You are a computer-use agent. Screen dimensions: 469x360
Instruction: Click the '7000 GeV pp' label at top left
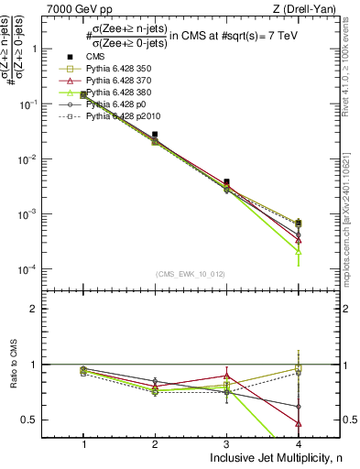pos(80,8)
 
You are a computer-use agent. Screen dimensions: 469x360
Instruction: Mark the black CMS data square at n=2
pos(156,135)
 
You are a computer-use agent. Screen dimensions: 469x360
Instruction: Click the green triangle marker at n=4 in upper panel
pos(298,251)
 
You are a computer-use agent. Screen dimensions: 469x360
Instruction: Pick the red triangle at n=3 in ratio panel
pos(226,376)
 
